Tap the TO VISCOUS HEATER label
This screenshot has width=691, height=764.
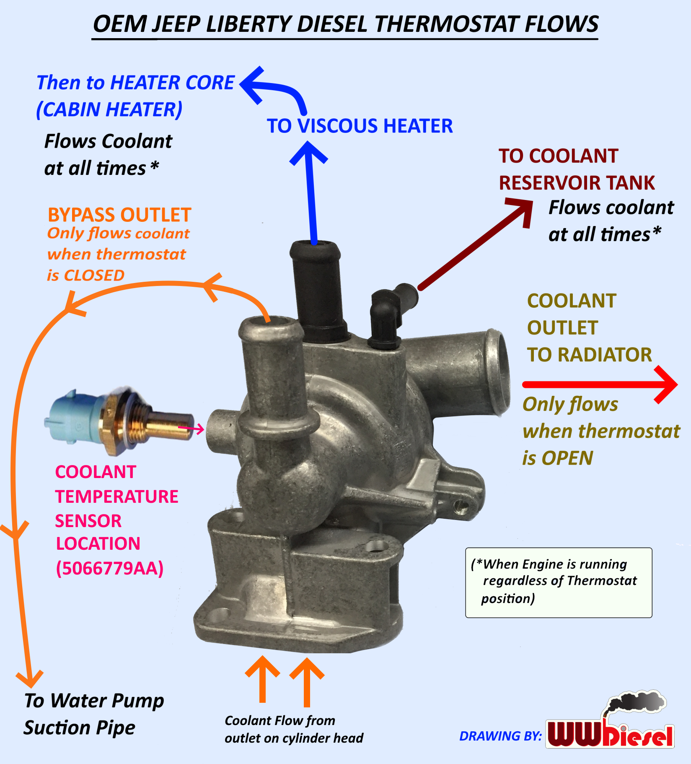360,126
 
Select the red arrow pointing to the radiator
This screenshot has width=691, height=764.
599,384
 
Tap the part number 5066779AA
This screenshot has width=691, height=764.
110,568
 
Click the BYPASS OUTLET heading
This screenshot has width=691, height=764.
119,215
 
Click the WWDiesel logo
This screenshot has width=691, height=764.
610,730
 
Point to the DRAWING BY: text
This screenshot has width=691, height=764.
500,736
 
